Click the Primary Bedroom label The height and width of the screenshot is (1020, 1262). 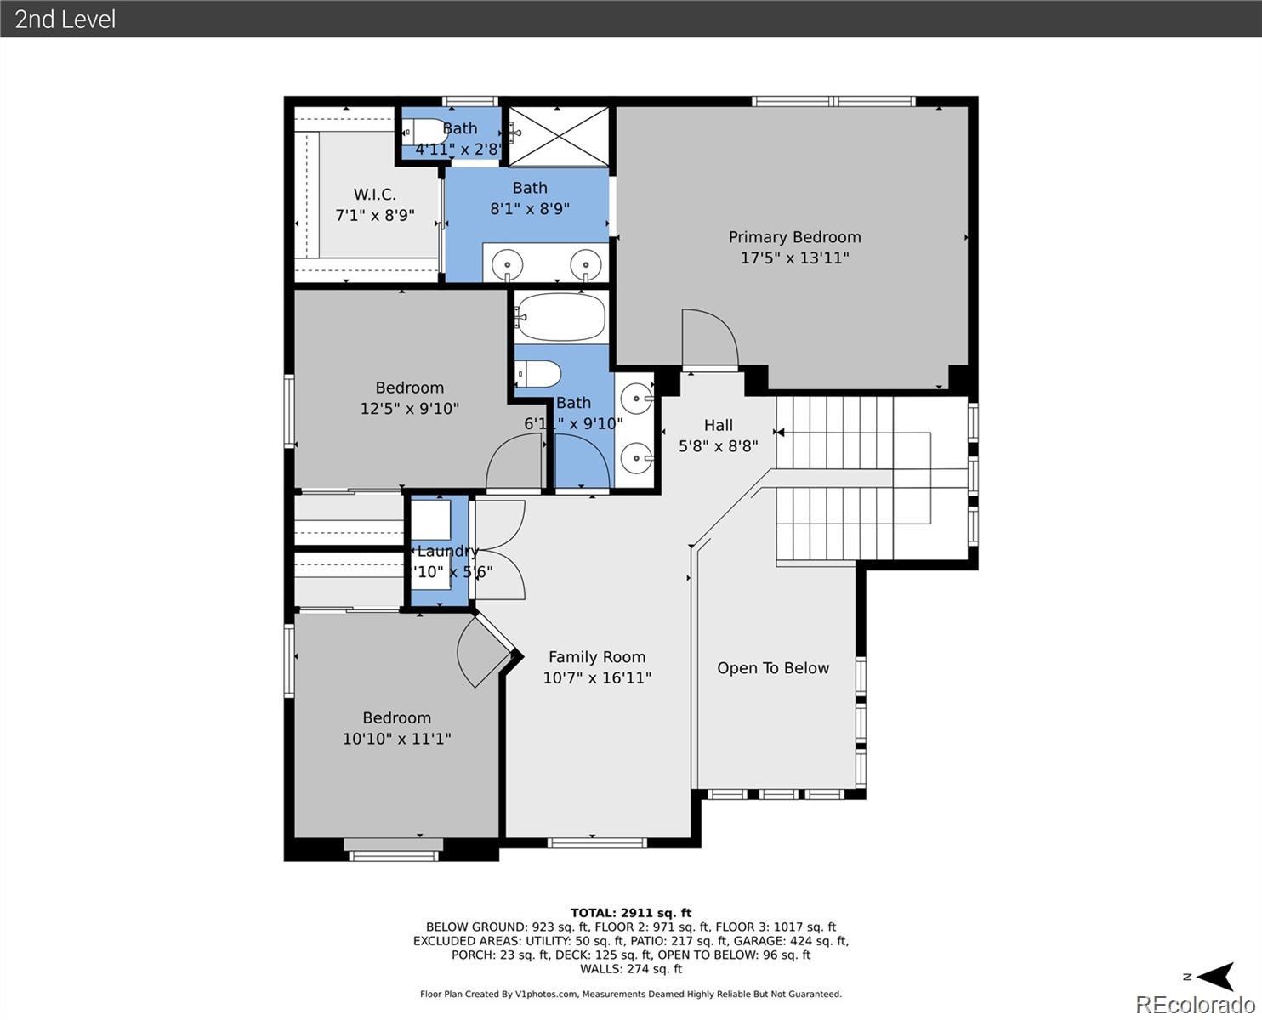pos(794,237)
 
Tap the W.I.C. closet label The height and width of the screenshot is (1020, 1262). pos(374,195)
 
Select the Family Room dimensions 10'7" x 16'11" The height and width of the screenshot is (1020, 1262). pos(597,678)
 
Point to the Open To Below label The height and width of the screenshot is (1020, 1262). pos(772,668)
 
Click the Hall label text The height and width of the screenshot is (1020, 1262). pos(718,425)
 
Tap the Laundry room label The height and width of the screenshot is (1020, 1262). pos(447,551)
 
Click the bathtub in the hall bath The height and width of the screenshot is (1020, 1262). pos(560,317)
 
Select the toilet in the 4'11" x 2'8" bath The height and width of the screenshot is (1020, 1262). pos(426,133)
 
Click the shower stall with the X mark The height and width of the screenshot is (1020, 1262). pos(558,136)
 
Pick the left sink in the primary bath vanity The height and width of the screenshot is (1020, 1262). pos(508,263)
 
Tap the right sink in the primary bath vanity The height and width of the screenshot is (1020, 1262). pos(585,263)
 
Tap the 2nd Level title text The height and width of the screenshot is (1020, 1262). pos(65,19)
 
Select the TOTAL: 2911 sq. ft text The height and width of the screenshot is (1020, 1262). pos(630,913)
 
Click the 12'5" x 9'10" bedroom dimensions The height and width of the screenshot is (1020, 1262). pos(409,409)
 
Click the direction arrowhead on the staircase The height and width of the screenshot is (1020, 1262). pos(779,433)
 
